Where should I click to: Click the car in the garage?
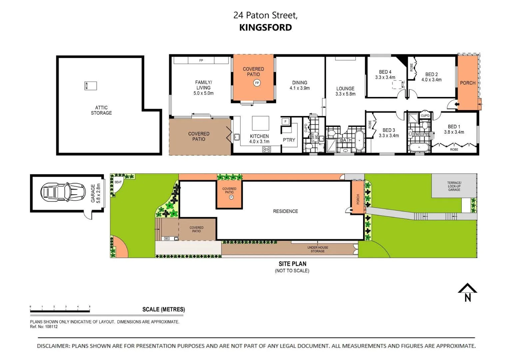click(x=63, y=192)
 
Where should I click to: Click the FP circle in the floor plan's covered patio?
click(x=257, y=83)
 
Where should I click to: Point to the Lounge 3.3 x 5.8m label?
click(x=345, y=91)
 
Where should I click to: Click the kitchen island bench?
click(x=260, y=123)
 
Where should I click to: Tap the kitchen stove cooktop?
click(x=266, y=149)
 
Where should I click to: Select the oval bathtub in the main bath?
click(x=359, y=140)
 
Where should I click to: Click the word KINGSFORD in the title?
click(x=265, y=27)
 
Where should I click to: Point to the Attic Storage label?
click(x=101, y=110)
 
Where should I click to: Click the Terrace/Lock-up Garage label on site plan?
click(x=454, y=186)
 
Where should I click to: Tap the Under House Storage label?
click(x=317, y=249)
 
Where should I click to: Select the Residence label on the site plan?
click(x=285, y=211)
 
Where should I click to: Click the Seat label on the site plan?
click(x=118, y=182)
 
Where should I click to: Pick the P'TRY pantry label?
click(x=289, y=140)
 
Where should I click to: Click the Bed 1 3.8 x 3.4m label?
click(x=454, y=129)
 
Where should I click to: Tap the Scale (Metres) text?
click(x=163, y=309)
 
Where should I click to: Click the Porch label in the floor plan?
click(x=467, y=83)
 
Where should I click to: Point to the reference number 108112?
click(x=51, y=327)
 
